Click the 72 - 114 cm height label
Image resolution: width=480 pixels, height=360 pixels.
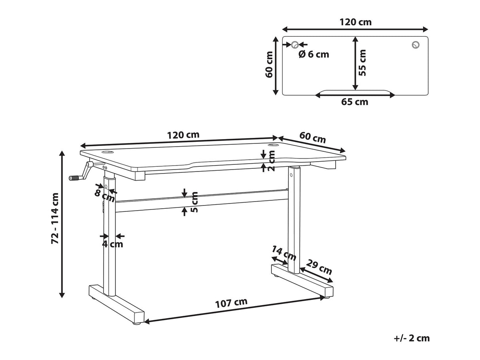click(x=55, y=219)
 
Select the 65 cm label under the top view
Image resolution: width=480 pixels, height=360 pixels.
click(x=355, y=102)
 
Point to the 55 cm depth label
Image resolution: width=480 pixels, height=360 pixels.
click(x=362, y=62)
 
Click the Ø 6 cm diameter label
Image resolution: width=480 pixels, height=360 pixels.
click(x=314, y=54)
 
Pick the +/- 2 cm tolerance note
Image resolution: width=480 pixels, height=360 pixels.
click(x=412, y=338)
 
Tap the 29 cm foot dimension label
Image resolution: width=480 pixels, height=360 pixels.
click(x=319, y=267)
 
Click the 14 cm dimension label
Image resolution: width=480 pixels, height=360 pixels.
click(x=284, y=253)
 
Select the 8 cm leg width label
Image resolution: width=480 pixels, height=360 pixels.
click(x=104, y=196)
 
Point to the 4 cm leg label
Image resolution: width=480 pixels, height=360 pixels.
click(x=113, y=244)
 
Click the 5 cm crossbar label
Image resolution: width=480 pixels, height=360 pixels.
click(x=194, y=202)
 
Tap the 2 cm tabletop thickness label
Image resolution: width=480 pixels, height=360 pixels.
click(x=271, y=161)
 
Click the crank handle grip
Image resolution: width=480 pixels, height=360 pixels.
click(x=74, y=178)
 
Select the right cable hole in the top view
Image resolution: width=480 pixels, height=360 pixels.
click(x=416, y=45)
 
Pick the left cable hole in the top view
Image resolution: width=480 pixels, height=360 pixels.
click(x=295, y=45)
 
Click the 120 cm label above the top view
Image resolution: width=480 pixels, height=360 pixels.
click(x=355, y=22)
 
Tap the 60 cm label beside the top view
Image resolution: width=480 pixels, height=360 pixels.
click(x=269, y=64)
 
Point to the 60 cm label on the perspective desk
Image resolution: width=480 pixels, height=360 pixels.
click(x=312, y=137)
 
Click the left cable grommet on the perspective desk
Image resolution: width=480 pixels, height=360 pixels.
click(x=107, y=151)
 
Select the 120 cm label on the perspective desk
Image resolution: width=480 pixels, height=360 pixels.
click(x=183, y=135)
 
